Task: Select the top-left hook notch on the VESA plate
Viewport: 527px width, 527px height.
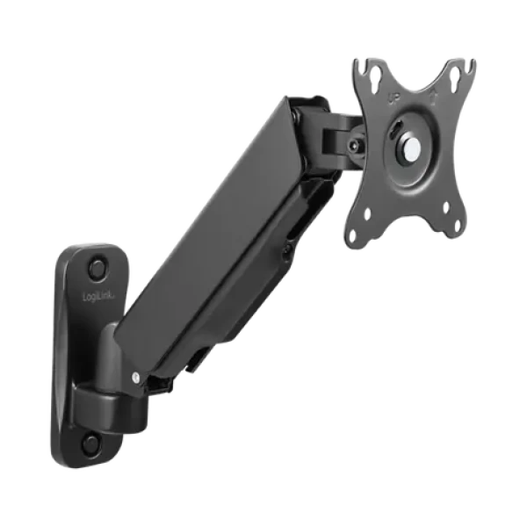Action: coord(356,61)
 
